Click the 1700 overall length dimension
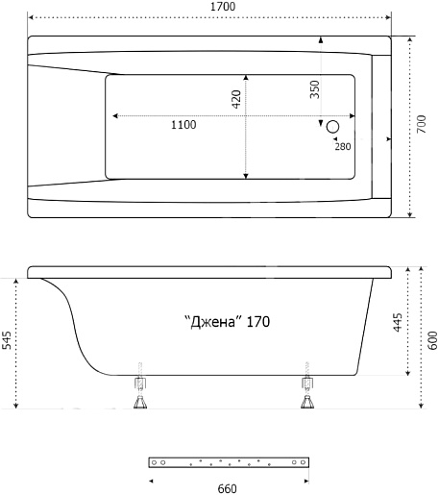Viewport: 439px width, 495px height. tap(223, 7)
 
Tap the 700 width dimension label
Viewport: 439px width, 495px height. tap(422, 124)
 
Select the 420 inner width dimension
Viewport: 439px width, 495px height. tap(236, 99)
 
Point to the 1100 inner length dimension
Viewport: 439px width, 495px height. tap(183, 125)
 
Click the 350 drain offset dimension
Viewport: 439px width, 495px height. tap(315, 89)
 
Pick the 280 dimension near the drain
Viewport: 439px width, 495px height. tap(343, 146)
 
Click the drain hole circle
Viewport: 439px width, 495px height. tap(332, 127)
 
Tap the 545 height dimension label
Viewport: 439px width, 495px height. tap(7, 340)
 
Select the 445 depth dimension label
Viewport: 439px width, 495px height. tap(398, 322)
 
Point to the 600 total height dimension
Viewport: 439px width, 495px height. tap(432, 340)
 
